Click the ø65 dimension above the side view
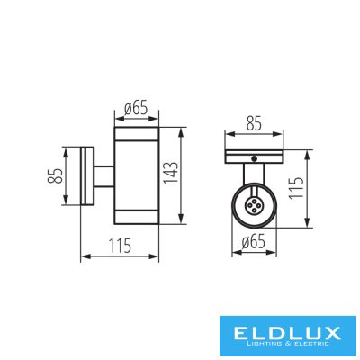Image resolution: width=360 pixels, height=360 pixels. (x=136, y=108)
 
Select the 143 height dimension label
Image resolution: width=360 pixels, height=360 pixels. (x=171, y=173)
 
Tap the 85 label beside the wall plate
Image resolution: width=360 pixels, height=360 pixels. (x=55, y=175)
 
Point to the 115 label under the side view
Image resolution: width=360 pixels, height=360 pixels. (x=120, y=246)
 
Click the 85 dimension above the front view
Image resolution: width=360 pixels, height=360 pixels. (x=254, y=123)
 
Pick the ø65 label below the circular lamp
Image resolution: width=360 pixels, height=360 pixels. (x=254, y=241)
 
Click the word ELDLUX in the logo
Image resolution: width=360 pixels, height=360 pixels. (x=287, y=333)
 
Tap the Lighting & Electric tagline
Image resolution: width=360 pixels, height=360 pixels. (x=287, y=344)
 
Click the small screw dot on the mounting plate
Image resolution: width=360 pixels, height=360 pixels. (x=255, y=158)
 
